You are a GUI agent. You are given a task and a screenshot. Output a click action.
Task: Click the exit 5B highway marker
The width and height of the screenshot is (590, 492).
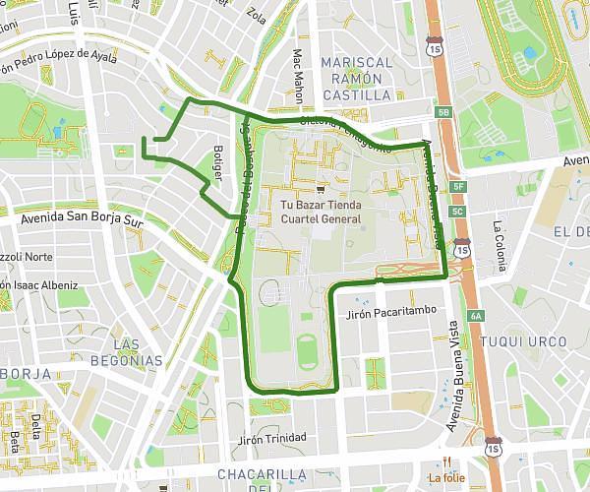pos(443,113)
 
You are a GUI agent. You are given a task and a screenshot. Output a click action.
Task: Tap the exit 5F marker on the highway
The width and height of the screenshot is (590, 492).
pos(457,185)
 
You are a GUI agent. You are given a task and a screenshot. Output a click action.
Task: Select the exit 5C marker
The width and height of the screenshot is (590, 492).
pos(457,211)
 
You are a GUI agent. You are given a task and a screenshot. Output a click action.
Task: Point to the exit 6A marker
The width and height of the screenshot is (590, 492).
pos(477,316)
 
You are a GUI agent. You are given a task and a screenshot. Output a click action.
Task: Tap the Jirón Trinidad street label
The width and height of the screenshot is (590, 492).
pos(272,437)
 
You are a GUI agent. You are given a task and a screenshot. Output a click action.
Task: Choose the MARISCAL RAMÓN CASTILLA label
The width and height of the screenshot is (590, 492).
pos(356,79)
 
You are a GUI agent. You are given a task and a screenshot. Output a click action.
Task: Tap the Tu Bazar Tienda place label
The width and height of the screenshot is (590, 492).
pos(323,205)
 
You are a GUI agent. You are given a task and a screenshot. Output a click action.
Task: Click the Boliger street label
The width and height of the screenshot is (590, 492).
pos(218,162)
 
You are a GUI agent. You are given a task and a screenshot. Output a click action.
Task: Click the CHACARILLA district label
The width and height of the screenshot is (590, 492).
pos(247,477)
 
